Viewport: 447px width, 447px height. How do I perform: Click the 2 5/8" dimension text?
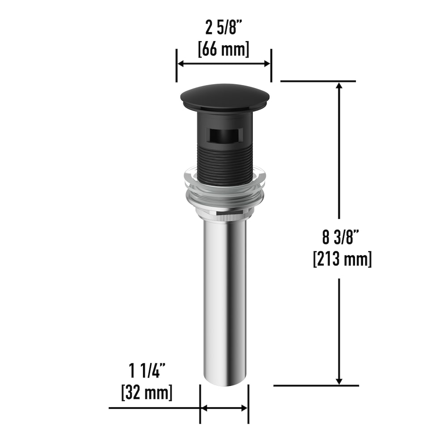click(x=224, y=28)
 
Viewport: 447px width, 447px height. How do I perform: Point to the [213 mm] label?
click(x=342, y=259)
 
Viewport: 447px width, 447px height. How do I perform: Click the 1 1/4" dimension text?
click(x=147, y=370)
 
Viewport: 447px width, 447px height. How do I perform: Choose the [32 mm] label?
click(x=147, y=392)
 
